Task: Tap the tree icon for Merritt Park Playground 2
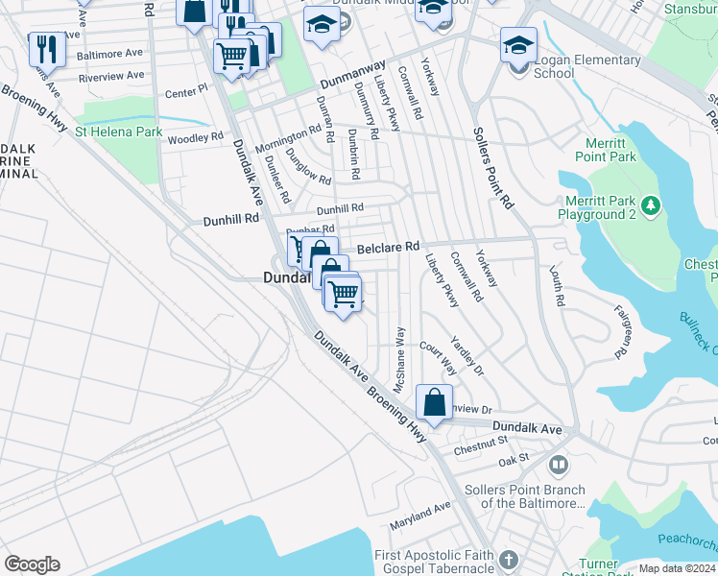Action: [x=651, y=204]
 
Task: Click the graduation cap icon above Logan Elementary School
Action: [x=518, y=44]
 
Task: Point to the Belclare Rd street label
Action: [x=389, y=247]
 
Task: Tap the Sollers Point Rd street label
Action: [x=493, y=168]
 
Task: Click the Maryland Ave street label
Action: [x=419, y=519]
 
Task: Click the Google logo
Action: [x=32, y=564]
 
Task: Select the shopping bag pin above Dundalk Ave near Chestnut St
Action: [x=434, y=401]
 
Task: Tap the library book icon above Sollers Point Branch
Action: [x=558, y=466]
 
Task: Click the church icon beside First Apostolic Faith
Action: [x=508, y=557]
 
